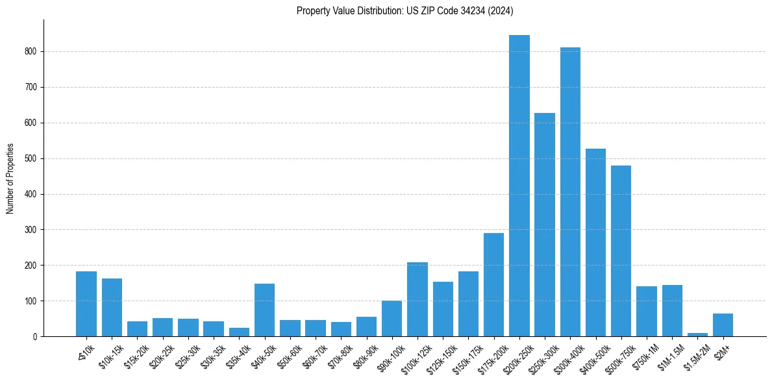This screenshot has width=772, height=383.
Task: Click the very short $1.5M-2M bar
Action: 697,334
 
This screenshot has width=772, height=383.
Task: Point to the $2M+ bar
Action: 723,325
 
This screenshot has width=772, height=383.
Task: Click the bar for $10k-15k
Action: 112,308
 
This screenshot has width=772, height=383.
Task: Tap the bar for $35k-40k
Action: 239,332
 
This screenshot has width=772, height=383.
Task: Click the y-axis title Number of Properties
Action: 10,178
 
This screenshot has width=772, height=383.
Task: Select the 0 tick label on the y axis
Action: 35,336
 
